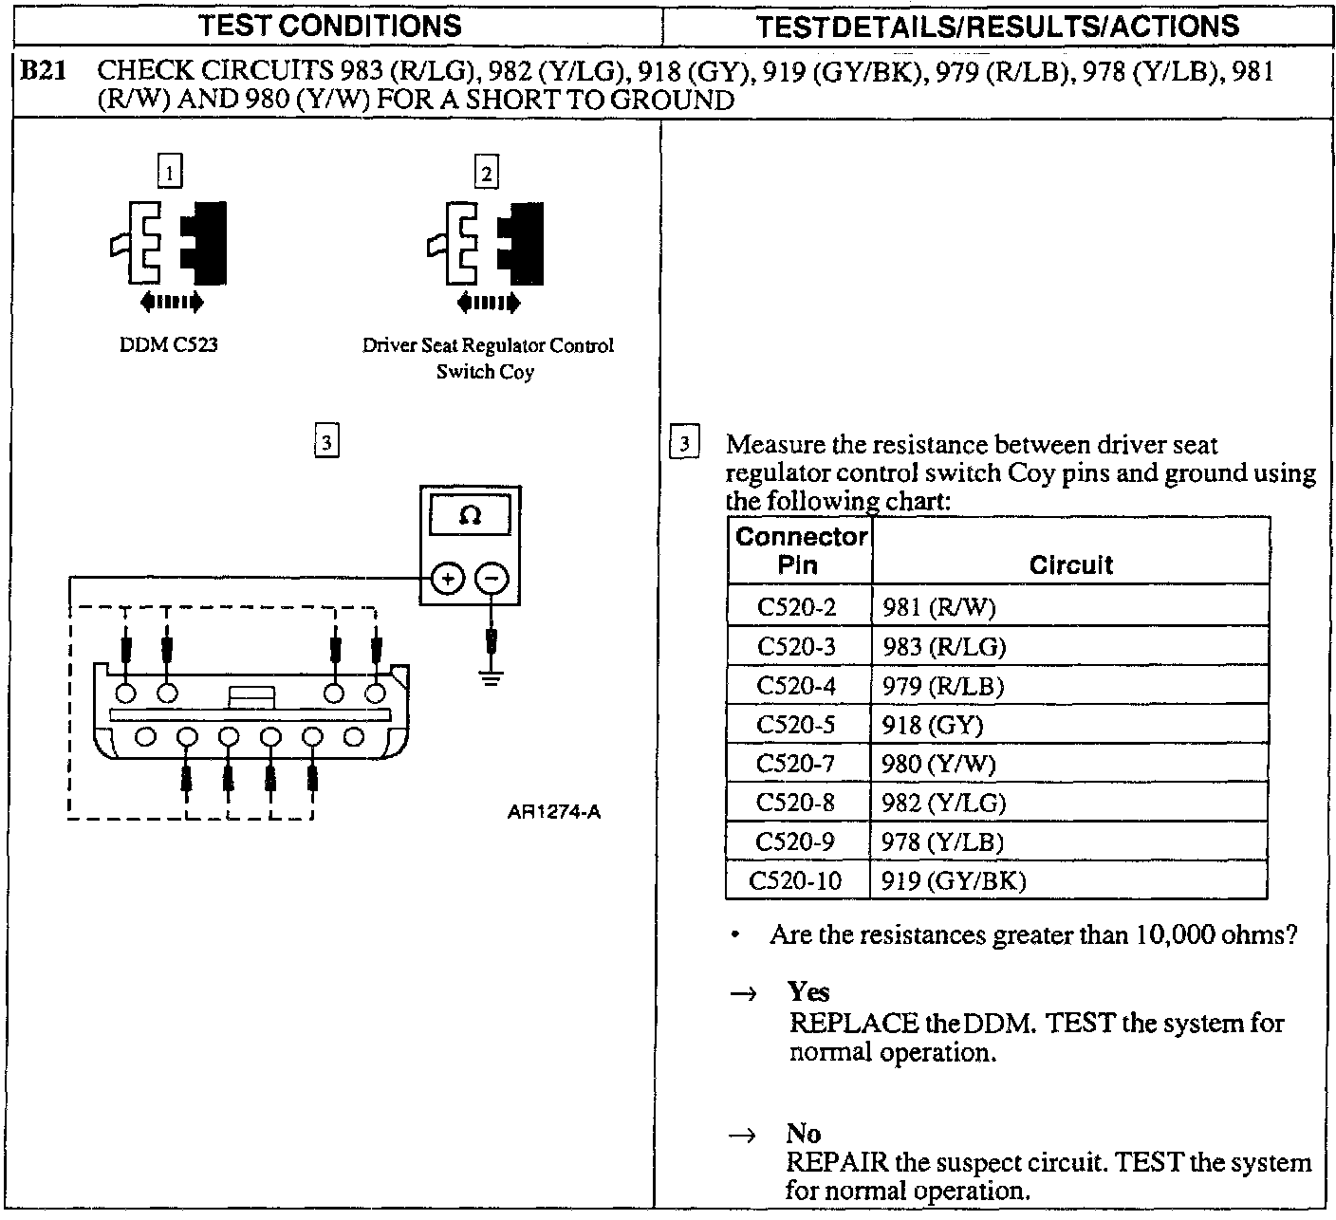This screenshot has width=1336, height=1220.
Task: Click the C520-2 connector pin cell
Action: (x=797, y=606)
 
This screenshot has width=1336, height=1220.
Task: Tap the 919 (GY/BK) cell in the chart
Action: (x=954, y=880)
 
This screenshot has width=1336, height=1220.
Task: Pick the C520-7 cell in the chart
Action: (x=797, y=764)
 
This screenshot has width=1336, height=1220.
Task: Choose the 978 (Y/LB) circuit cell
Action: (x=942, y=841)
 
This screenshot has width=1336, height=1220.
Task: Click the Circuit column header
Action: (x=1070, y=564)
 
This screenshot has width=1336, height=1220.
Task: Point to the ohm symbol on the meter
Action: (x=470, y=516)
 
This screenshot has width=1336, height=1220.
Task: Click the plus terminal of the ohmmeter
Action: (x=448, y=578)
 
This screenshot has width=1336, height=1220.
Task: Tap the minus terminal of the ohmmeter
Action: (x=491, y=578)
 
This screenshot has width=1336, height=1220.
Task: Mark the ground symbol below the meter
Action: (x=491, y=678)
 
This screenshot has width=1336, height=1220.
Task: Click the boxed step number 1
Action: (x=170, y=173)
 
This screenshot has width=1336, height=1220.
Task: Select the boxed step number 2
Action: (x=486, y=173)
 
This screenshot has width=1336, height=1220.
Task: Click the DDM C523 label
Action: (x=169, y=345)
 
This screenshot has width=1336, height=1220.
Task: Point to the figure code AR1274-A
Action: (x=553, y=812)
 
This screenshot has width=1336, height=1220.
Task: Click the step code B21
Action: (x=42, y=71)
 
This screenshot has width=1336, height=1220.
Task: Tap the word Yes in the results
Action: (x=808, y=991)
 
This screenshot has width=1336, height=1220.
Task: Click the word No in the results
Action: (x=803, y=1133)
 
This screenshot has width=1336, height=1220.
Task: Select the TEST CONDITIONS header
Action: (x=332, y=25)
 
